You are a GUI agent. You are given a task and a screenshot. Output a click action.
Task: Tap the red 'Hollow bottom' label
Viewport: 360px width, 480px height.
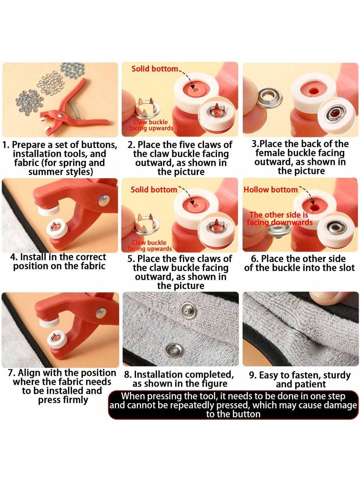click(x=271, y=190)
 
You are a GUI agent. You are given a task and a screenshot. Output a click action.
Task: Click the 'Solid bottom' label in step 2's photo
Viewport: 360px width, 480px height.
click(x=155, y=69)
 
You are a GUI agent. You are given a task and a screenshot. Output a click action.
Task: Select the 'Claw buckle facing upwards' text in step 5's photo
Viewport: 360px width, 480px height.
click(x=150, y=246)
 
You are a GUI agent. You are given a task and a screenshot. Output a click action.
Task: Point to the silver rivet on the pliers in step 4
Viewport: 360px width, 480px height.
click(x=104, y=201)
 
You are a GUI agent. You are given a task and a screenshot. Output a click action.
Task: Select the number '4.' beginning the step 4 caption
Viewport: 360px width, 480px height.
click(x=14, y=257)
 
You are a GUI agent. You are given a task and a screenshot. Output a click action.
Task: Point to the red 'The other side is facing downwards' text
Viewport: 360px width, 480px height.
click(x=279, y=218)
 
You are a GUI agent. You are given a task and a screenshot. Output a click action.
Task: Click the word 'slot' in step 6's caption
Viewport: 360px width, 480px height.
click(x=347, y=268)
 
